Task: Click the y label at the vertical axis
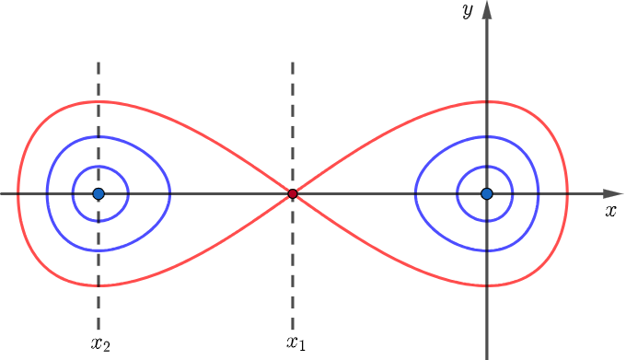pos(469,11)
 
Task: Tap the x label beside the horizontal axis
pos(610,211)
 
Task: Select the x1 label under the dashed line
pos(295,344)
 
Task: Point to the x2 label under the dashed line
pos(100,344)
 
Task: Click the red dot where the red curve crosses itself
pos(293,193)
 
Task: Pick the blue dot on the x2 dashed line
pos(99,193)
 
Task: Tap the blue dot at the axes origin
pos(487,193)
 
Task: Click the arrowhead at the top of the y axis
pos(487,10)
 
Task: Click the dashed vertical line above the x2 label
pos(99,276)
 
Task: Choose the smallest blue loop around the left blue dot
pos(128,193)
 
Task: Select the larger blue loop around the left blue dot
pos(170,193)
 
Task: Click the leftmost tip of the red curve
pos(18,193)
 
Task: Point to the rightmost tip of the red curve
pos(567,193)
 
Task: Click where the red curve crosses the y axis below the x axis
pos(487,287)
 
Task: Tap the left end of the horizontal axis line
pos(4,193)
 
